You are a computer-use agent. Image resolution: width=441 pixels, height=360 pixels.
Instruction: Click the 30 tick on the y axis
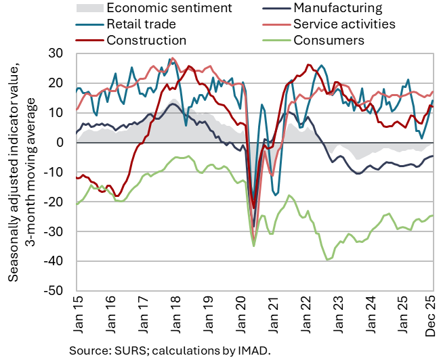click(x=58, y=53)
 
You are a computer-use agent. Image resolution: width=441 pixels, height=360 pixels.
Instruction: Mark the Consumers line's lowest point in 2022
click(x=328, y=259)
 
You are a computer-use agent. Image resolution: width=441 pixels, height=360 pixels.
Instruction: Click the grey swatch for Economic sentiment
click(x=89, y=9)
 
